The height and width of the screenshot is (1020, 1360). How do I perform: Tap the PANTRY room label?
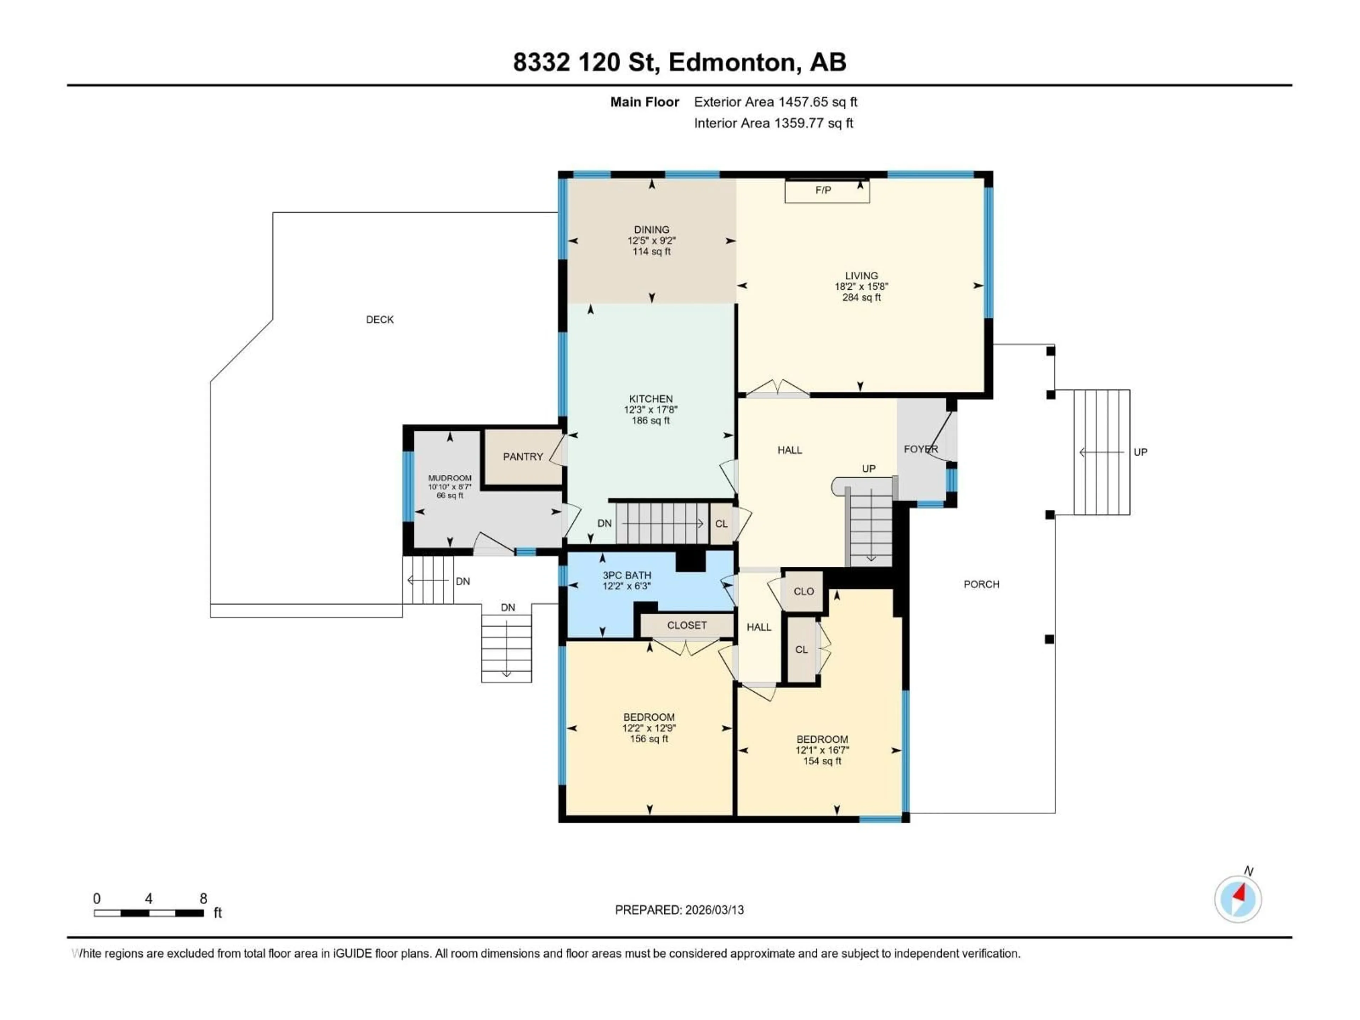[x=523, y=457]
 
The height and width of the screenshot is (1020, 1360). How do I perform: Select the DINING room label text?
[x=652, y=229]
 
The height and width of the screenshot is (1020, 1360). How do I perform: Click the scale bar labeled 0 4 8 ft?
[x=149, y=913]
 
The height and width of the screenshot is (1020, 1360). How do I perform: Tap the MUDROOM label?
[x=449, y=478]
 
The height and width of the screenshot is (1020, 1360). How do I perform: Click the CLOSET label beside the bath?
[x=687, y=625]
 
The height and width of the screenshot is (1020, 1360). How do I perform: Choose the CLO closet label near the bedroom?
[x=804, y=591]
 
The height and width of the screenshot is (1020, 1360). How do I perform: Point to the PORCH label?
[x=981, y=584]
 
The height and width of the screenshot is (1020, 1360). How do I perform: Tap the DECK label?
[x=379, y=320]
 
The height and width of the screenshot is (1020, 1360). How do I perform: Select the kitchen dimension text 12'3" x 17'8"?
[x=651, y=409]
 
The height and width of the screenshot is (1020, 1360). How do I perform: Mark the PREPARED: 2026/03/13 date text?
[x=679, y=910]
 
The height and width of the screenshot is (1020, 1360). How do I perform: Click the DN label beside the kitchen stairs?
[x=604, y=523]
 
